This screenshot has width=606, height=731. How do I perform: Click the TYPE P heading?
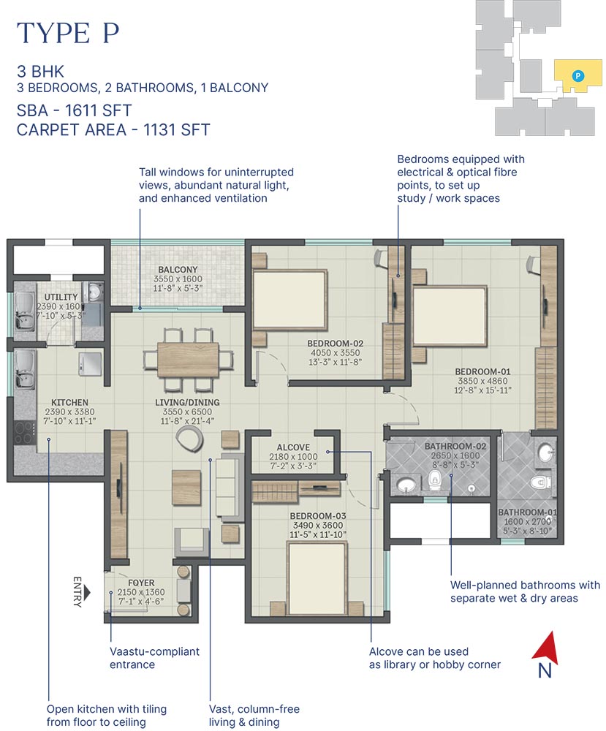pos(67,34)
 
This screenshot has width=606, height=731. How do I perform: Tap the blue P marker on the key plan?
pos(577,75)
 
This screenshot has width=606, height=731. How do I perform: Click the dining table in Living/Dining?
pos(188,359)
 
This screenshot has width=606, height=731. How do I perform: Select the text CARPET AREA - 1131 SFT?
pos(113,130)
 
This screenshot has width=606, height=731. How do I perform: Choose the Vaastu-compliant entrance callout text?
pos(154,658)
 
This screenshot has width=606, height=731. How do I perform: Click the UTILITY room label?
pos(56,297)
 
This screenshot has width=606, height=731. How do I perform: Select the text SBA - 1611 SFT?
pos(74,110)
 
